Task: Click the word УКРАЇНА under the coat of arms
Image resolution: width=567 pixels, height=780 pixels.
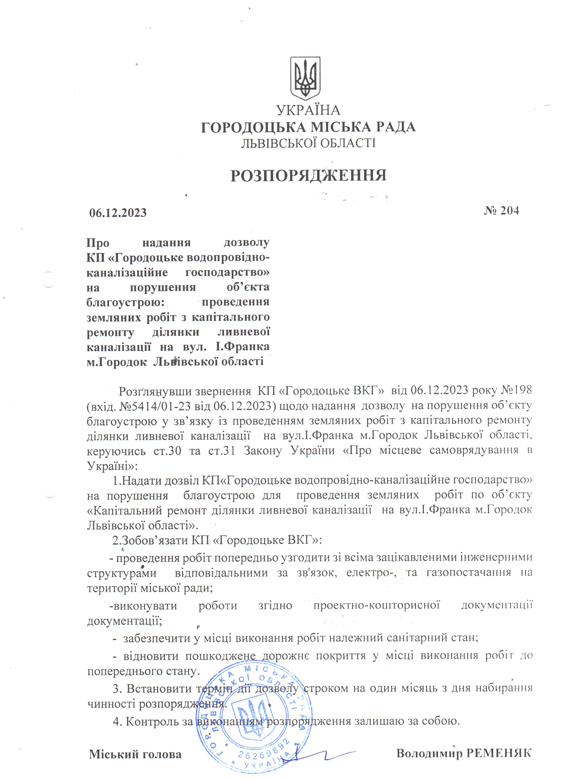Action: [308, 111]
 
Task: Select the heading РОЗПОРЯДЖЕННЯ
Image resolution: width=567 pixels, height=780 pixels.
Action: [308, 175]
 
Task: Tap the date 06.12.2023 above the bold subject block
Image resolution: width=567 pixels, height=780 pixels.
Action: [118, 213]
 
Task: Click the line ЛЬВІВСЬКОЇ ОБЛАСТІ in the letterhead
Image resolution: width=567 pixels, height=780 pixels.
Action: [308, 143]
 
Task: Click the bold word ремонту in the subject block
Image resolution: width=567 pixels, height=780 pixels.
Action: [110, 332]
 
